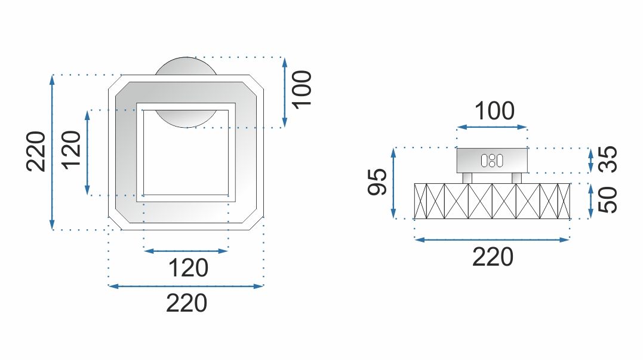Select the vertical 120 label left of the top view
72,151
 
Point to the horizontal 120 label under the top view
188,268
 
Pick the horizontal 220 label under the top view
186,303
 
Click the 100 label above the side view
494,112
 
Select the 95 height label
377,182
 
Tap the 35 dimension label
608,160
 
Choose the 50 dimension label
608,199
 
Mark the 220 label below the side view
493,257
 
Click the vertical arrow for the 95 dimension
393,183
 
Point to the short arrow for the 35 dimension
590,160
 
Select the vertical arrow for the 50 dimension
590,200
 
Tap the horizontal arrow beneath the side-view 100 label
492,127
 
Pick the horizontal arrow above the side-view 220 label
492,240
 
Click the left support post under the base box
467,178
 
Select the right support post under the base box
516,178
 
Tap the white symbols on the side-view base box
491,160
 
